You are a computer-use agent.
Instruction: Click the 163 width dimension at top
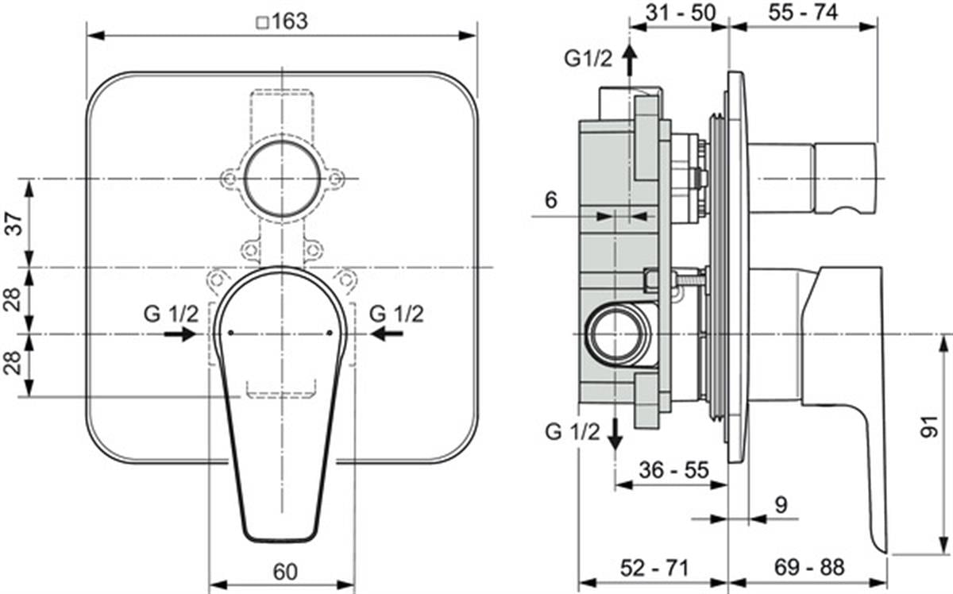[289, 21]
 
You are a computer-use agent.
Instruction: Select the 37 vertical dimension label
[15, 223]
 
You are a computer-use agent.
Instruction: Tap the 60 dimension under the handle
[285, 572]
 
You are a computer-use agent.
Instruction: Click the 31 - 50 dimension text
[681, 13]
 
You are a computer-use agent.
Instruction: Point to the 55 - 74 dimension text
[803, 13]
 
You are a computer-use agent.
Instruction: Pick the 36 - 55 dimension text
[674, 470]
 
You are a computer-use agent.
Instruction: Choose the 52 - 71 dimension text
[654, 568]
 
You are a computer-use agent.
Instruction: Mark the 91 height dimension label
[929, 426]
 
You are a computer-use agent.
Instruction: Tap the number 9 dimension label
[781, 505]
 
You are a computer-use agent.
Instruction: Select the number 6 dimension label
[551, 200]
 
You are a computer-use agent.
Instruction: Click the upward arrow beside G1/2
[630, 60]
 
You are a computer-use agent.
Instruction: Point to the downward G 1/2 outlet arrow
[615, 434]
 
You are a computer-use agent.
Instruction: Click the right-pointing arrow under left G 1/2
[180, 334]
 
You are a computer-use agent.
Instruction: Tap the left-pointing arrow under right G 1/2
[386, 334]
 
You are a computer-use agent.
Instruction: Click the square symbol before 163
[263, 22]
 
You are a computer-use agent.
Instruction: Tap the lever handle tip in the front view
[281, 539]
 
